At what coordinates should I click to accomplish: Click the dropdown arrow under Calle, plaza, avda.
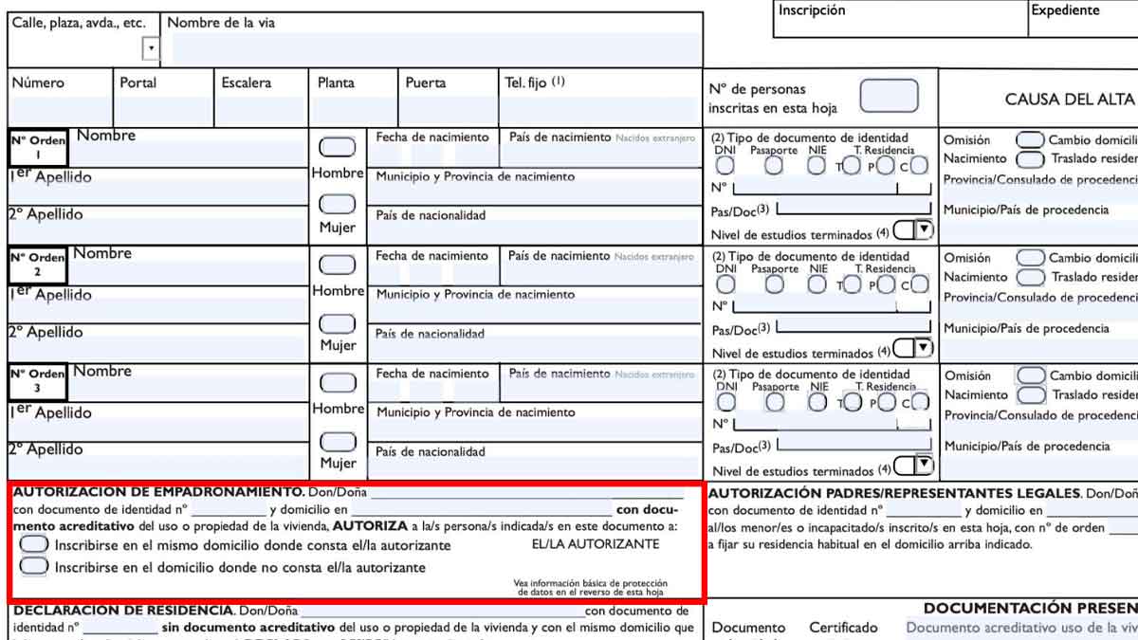click(151, 48)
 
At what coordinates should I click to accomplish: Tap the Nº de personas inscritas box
click(889, 97)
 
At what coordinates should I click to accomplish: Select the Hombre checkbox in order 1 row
click(337, 147)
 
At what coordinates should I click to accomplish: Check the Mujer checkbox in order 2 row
click(337, 323)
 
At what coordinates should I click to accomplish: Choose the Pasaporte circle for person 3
click(775, 402)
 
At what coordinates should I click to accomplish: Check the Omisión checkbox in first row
click(1030, 140)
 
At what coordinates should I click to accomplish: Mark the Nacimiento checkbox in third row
click(1030, 394)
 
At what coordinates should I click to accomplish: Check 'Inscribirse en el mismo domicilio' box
click(34, 544)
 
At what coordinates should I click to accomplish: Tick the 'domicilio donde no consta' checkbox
click(34, 566)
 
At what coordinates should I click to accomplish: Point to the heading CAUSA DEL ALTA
click(1069, 100)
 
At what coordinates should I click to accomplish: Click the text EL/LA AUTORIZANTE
click(596, 544)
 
